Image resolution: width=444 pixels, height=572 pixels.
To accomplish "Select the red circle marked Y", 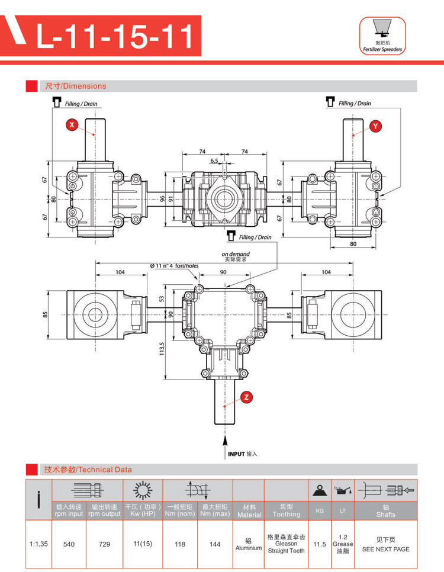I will click(376, 126).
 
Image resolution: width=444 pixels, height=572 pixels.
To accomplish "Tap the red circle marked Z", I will click(246, 397).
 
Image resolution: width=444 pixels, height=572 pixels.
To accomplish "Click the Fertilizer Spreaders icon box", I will click(382, 36).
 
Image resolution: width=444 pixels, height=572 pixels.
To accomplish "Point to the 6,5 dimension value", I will click(214, 160).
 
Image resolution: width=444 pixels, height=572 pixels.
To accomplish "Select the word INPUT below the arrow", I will click(236, 454).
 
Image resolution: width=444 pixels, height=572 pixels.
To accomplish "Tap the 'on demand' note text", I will click(236, 253).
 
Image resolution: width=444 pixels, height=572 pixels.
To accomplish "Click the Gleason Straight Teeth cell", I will click(286, 544).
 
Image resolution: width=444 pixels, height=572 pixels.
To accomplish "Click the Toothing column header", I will click(286, 510).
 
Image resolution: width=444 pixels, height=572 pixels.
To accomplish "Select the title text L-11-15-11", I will click(115, 37).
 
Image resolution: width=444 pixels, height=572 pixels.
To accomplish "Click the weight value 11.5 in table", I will click(320, 544).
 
